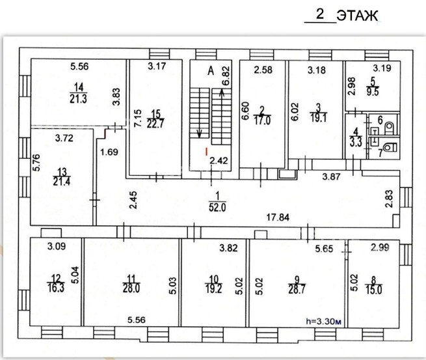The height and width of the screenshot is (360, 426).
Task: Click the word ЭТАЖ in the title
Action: pos(357,16)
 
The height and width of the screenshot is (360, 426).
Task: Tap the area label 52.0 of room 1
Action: pos(217,208)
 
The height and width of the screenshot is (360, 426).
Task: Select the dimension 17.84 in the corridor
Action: pos(278,217)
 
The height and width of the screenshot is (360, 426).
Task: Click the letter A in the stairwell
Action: pos(211,71)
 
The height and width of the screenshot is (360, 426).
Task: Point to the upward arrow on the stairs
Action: pos(222,93)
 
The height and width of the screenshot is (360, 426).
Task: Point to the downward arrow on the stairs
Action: pos(200,133)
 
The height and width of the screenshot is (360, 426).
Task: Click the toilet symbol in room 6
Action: pos(390,128)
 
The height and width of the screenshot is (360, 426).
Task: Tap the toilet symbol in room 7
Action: pos(390,148)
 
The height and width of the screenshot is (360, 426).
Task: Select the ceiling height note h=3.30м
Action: pos(323,321)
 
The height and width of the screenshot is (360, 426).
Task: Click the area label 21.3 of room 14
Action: pos(78,99)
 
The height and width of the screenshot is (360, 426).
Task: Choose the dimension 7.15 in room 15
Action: pos(138,118)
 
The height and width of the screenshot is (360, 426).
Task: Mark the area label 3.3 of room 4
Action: pos(356,143)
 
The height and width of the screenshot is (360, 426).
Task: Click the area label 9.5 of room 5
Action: pos(373,92)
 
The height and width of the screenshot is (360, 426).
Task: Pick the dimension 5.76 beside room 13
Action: pos(36,163)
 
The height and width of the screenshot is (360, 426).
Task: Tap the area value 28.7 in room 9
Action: pos(297,289)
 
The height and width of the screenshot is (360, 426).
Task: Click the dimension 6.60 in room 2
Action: pos(245,111)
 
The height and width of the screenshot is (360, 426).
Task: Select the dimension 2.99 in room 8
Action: pos(380,247)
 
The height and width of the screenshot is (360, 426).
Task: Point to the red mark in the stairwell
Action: pos(206,152)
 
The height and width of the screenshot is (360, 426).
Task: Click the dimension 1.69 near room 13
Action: pos(109,152)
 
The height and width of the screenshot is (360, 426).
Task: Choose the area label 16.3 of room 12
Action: pos(56,288)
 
